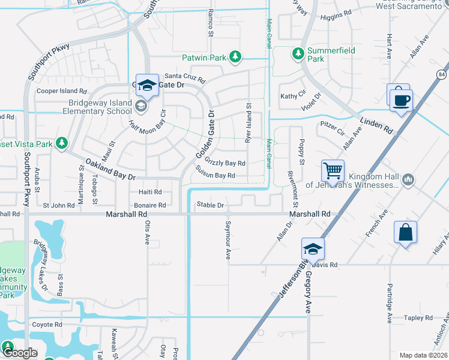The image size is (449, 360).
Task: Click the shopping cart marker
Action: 333,170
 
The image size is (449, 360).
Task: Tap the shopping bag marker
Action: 405,232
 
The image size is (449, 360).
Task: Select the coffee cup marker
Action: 401,99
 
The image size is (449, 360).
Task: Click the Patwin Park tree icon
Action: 236,57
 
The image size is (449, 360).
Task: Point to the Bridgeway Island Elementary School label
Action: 92,107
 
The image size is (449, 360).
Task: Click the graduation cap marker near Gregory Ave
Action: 313,248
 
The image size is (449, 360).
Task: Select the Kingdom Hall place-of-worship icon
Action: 408,179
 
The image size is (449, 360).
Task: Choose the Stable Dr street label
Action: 210,205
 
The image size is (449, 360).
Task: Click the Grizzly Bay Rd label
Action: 225,163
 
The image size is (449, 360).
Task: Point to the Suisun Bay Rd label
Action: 215,175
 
